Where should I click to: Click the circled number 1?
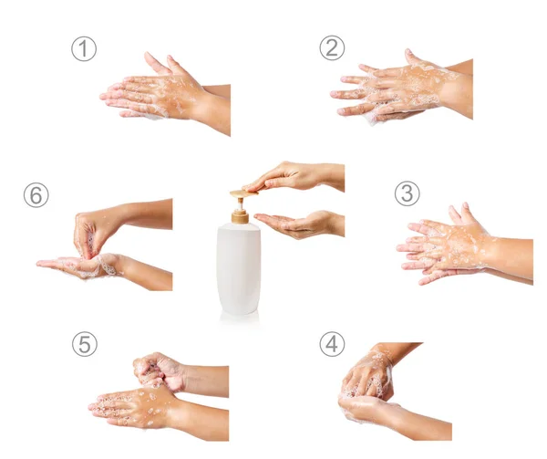point(84,49)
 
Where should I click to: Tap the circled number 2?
point(332,47)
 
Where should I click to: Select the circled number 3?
point(408,193)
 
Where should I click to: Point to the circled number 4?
point(332,344)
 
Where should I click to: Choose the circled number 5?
point(85,344)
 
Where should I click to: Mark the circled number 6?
point(36,194)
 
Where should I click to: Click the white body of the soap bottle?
point(239,269)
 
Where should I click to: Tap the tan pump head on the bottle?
point(243,193)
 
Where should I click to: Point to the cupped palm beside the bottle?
point(300,224)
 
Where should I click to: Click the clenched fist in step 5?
point(160,370)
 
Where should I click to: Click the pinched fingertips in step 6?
point(87,249)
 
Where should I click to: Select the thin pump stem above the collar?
point(240,203)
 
